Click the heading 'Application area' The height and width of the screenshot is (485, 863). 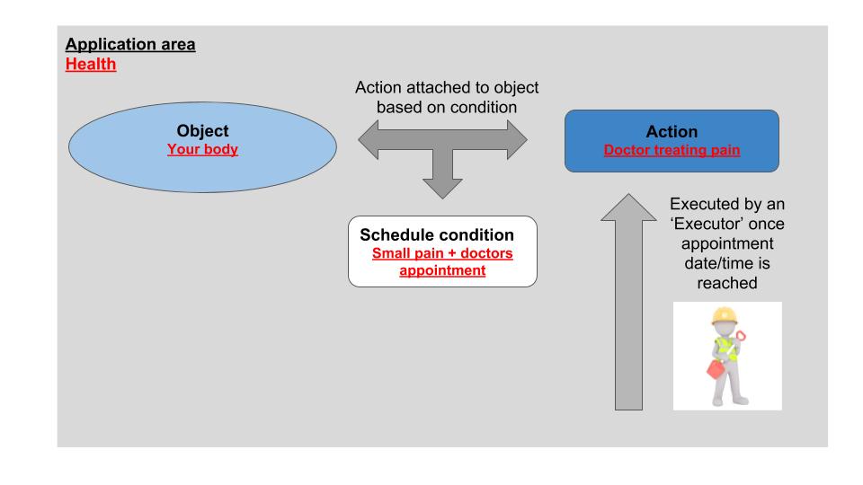coord(130,45)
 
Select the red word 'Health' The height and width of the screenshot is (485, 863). coord(91,64)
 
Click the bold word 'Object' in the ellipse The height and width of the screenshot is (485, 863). coord(202,131)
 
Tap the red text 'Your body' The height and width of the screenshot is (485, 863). coord(202,150)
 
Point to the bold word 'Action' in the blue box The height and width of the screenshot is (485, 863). coord(672,132)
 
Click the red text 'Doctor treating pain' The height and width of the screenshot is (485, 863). coord(672,150)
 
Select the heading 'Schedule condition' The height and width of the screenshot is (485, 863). coord(437,234)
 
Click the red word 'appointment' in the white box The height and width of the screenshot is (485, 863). coord(442,270)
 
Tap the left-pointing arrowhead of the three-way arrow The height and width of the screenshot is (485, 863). coord(369,140)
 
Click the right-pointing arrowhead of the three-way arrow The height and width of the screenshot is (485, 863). coord(518,140)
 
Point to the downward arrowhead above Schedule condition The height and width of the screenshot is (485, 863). coord(442,189)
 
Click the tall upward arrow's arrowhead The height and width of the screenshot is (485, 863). coord(628,207)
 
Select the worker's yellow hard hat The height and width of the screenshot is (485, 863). coord(724,316)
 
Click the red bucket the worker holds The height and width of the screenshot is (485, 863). coord(716,368)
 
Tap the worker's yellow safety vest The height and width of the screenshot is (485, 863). coord(725,348)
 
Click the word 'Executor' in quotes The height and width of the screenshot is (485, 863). coord(727,224)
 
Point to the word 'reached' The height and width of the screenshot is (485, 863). coord(727,283)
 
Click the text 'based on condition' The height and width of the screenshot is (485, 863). coord(447,107)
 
